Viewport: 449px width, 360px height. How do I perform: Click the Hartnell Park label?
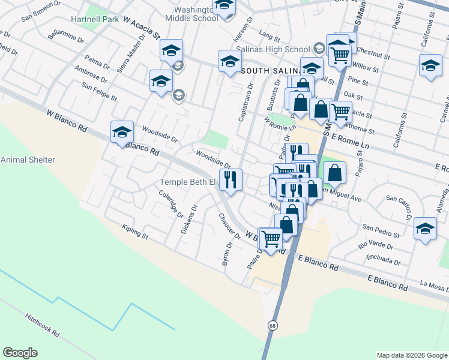click(95, 20)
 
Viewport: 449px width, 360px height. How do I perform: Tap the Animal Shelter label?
click(28, 160)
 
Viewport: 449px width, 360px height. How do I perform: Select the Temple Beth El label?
click(187, 182)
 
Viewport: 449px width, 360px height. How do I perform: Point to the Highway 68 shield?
click(273, 325)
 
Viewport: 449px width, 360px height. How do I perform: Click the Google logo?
click(20, 353)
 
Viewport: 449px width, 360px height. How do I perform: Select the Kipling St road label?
click(134, 232)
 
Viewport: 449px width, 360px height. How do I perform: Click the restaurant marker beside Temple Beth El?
click(230, 179)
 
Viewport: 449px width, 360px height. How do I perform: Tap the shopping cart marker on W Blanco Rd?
click(271, 239)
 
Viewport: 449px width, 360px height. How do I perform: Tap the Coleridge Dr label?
click(170, 204)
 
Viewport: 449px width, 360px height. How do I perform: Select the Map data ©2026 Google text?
click(411, 355)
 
